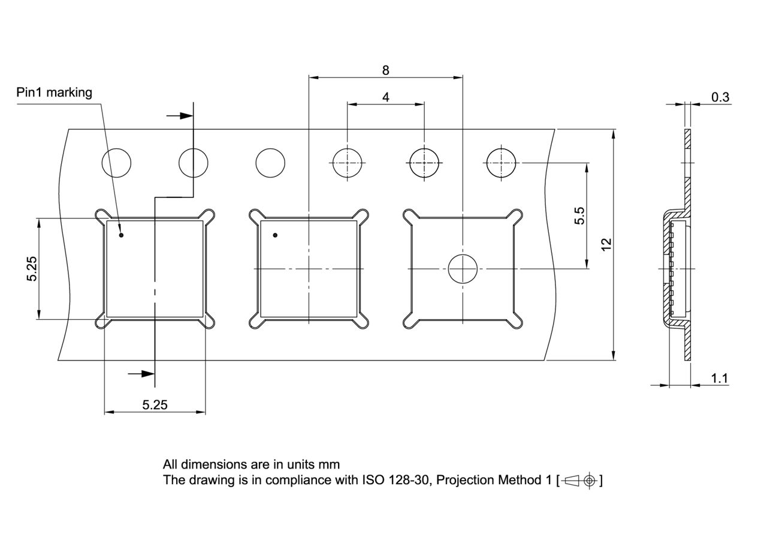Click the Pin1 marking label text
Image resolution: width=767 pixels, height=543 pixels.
click(x=54, y=92)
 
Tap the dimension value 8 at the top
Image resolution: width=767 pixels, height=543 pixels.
click(x=385, y=70)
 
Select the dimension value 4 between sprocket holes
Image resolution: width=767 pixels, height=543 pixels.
click(x=385, y=97)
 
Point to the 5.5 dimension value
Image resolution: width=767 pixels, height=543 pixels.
click(x=579, y=215)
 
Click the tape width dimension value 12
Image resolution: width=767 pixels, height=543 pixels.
click(x=606, y=244)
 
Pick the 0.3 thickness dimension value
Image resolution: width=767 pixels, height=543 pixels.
click(x=720, y=97)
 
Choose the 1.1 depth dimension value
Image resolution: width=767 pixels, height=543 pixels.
click(x=720, y=378)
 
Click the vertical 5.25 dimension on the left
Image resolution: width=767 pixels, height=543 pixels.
click(x=32, y=268)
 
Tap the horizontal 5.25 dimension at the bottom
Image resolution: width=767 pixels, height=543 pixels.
click(x=155, y=405)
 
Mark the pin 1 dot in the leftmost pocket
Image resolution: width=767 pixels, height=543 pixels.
click(x=121, y=235)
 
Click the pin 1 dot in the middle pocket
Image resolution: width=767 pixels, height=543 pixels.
click(x=275, y=235)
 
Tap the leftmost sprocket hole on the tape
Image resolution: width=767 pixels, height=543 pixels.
click(x=117, y=163)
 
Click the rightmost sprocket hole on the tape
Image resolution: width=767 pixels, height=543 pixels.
click(x=501, y=163)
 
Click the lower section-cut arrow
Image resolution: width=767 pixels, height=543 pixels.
click(x=141, y=374)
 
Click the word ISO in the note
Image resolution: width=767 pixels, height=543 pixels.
click(x=372, y=480)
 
